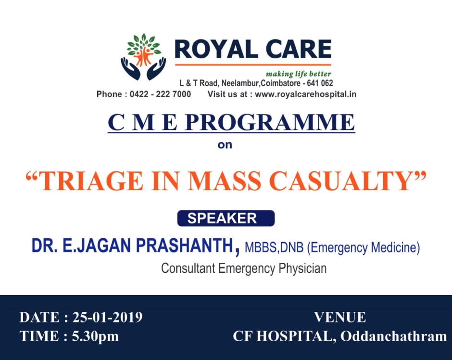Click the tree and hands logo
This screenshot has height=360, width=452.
click(143, 57)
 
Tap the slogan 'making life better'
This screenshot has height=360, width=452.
click(298, 74)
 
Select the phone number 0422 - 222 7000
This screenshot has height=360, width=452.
click(160, 94)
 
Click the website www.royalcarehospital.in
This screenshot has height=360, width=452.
click(305, 94)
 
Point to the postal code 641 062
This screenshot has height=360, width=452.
click(320, 83)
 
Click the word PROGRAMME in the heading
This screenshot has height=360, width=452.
click(270, 123)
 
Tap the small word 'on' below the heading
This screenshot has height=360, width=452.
click(225, 145)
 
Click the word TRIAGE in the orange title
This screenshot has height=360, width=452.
click(92, 181)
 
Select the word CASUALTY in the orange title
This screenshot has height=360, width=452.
click(340, 181)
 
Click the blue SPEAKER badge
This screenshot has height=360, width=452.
click(226, 219)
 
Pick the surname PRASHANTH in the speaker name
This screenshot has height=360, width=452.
click(185, 245)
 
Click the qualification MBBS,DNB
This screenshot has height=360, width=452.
click(274, 247)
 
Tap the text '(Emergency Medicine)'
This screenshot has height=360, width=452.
click(364, 248)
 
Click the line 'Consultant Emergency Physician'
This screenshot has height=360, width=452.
click(244, 268)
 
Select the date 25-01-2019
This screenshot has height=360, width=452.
click(107, 317)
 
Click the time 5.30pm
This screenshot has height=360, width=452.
click(95, 336)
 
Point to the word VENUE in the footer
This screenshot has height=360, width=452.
click(340, 318)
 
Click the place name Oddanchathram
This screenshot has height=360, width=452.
click(394, 336)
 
